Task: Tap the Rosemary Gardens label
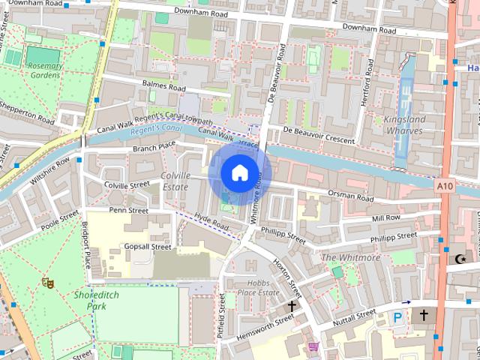coord(45,71)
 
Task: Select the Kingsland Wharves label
coord(404,125)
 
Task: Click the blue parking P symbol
coord(398,318)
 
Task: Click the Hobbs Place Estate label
coord(258,288)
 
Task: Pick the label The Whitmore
coord(350,257)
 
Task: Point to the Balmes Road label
coord(163,87)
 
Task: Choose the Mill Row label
coord(386,217)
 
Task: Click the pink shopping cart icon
coord(313,346)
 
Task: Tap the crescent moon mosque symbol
coord(460,259)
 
